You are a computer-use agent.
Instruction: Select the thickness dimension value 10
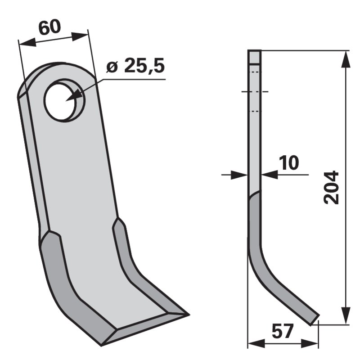tap(288, 163)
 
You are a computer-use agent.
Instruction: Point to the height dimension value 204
tap(332, 187)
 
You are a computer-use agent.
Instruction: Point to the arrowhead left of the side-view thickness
tap(238, 175)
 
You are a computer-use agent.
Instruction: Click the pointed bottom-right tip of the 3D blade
tap(186, 313)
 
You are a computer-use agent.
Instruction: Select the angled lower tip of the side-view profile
tap(314, 319)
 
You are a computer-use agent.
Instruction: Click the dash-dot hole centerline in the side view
tap(255, 92)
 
